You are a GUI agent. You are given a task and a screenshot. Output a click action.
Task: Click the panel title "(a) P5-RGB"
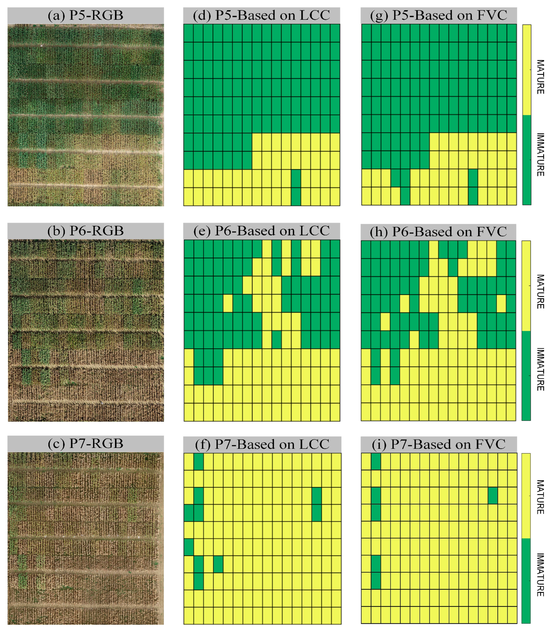coord(85,15)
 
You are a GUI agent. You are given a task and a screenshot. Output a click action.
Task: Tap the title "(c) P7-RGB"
coord(85,444)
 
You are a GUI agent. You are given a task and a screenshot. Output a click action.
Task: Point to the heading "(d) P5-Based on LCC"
coord(261,15)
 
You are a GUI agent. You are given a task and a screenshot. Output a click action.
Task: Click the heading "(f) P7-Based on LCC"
coord(262,444)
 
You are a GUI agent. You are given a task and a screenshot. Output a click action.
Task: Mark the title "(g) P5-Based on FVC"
coord(438,15)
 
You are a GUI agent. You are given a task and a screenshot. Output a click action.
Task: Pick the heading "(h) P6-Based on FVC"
coord(438,232)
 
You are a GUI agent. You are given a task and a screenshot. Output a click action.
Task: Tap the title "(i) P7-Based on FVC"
coord(438,444)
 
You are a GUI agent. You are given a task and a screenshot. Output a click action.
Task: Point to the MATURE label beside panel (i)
coord(540,497)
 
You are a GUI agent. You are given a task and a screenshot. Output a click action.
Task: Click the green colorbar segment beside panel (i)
coord(526,580)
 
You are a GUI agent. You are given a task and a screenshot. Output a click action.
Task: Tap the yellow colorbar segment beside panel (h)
coord(526,286)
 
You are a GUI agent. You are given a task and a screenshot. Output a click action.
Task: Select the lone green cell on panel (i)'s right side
coord(493,496)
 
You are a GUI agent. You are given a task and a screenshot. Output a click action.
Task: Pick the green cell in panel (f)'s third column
coord(218,564)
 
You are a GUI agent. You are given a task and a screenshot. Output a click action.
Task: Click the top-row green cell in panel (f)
coord(198,462)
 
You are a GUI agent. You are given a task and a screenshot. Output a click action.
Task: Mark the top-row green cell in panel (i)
coord(376,462)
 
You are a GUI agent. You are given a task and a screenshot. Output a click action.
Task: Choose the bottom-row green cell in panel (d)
coord(296,196)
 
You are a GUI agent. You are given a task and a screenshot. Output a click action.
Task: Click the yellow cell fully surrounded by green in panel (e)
coord(228,303)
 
